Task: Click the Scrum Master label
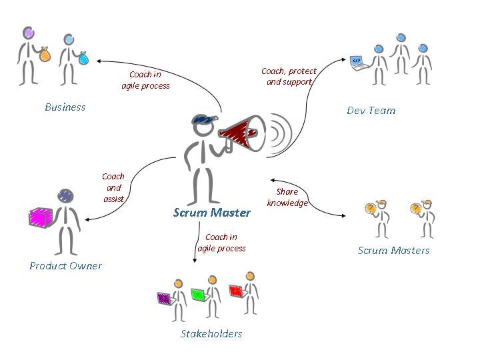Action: coord(211,213)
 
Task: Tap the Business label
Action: coord(65,107)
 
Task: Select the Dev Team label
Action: coord(371,110)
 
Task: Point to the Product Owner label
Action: coord(65,265)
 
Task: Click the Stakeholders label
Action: coord(211,333)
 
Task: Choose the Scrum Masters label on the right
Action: coord(393,251)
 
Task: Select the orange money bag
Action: coord(45,54)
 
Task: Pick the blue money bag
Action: coord(83,59)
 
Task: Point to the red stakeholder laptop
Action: coord(235,290)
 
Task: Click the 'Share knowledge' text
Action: coord(287,197)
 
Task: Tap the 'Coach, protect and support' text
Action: coord(289,76)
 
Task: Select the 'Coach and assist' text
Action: coord(113,187)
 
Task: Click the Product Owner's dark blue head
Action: coord(65,195)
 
